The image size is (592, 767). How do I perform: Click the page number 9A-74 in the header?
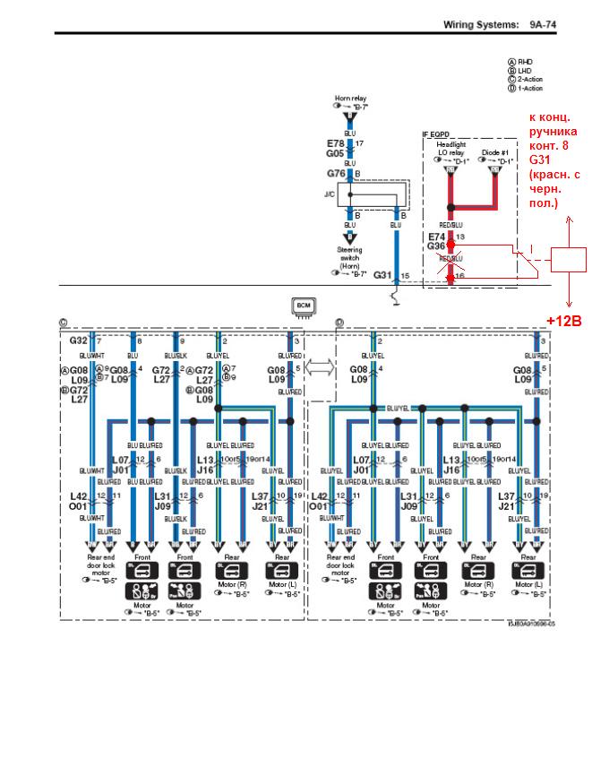coord(543,24)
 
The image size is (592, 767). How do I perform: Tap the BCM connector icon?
coord(302,307)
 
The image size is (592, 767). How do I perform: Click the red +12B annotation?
coord(564,320)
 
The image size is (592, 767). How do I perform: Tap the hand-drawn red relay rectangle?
coord(569,258)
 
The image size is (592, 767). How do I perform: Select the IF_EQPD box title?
coord(437,135)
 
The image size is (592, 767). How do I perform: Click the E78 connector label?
coord(336,143)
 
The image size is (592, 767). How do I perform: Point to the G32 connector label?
coord(79,341)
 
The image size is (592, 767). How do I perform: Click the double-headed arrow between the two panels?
coord(320,366)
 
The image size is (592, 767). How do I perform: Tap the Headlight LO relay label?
coord(450,149)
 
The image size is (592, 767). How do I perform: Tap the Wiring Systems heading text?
coord(481,24)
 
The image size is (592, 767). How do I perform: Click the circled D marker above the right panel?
coord(339,323)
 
